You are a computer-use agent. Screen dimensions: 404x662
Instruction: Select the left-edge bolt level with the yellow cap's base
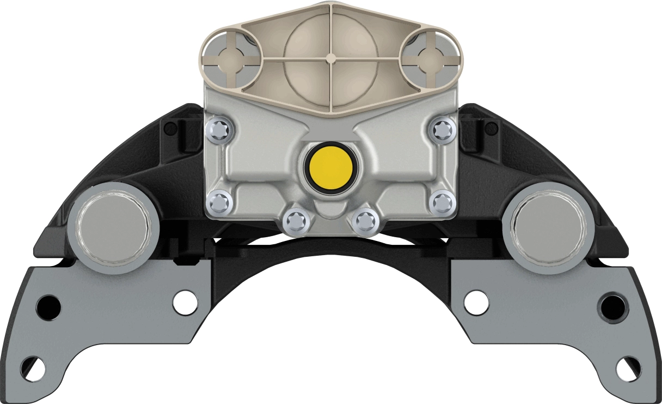point(219,202)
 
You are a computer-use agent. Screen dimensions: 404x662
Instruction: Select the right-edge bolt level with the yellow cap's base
point(442,202)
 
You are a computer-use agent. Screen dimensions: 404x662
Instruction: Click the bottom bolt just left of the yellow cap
point(297,221)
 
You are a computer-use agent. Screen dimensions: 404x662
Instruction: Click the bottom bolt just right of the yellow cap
point(365,221)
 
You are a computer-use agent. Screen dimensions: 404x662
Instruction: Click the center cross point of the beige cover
point(330,57)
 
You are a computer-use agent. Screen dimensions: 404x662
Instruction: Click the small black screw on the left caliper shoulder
point(170,129)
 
